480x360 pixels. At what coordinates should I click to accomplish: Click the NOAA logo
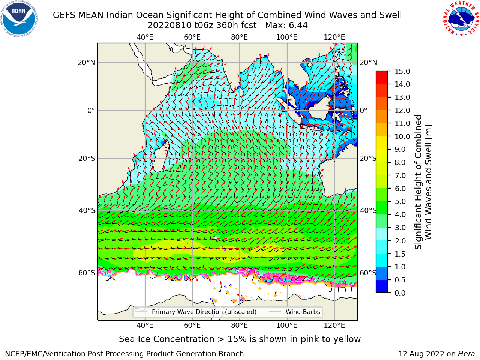19,19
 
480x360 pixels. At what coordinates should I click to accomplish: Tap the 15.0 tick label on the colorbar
402,72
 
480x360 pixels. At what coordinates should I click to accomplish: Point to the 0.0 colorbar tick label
400,293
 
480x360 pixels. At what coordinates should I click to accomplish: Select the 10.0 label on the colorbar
402,136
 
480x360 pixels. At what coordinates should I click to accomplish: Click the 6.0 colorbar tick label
400,189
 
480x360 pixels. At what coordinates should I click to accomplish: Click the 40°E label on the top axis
145,37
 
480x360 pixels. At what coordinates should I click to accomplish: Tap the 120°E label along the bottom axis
334,325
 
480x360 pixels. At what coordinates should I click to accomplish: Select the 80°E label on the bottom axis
240,325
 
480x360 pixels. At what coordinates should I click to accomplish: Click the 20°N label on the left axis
86,63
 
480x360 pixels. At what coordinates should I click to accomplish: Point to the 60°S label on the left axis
87,273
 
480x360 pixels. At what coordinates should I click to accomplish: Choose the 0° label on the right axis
363,110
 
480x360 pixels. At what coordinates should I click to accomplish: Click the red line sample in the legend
141,312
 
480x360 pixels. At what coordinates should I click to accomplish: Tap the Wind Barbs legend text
303,312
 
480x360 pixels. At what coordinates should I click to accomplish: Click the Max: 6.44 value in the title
286,25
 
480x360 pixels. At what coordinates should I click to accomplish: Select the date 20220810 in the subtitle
169,25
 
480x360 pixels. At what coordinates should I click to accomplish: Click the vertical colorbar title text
423,182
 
